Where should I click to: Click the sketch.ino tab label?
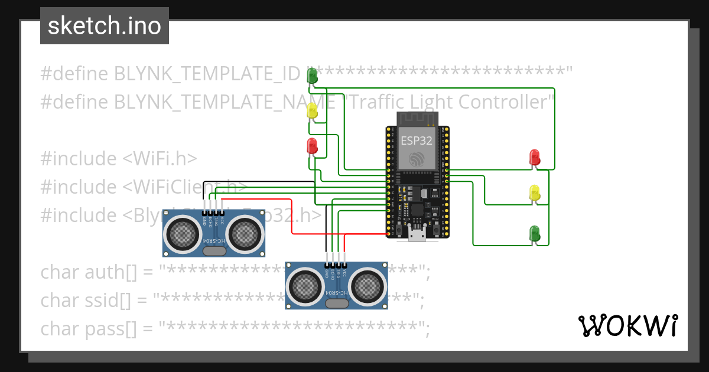(x=104, y=26)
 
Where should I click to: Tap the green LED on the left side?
(x=312, y=75)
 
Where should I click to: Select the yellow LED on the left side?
(x=312, y=110)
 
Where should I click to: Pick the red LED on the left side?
(x=312, y=145)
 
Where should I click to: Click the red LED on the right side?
(x=534, y=157)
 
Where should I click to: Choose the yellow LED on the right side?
(x=534, y=192)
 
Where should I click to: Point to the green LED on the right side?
(x=534, y=233)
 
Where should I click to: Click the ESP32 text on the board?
(x=416, y=141)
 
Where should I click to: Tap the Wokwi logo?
(x=627, y=325)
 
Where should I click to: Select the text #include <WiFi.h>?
(x=119, y=158)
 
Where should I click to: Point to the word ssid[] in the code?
(x=110, y=300)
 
